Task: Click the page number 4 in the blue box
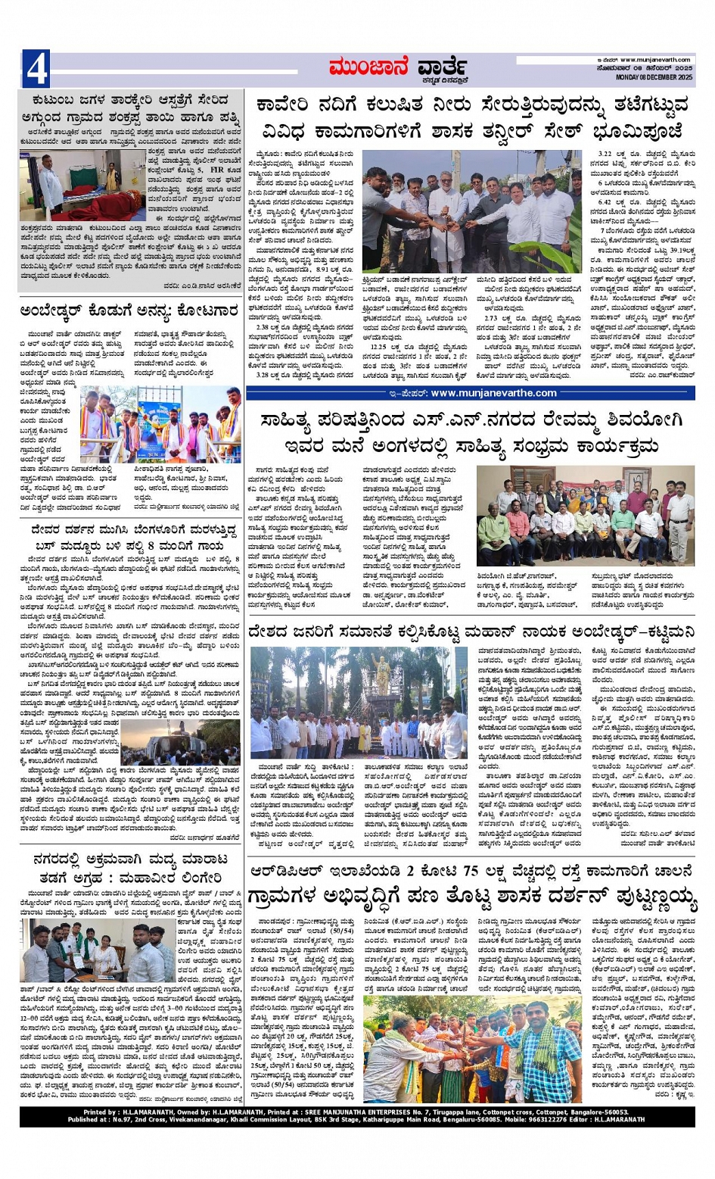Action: click(x=36, y=69)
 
